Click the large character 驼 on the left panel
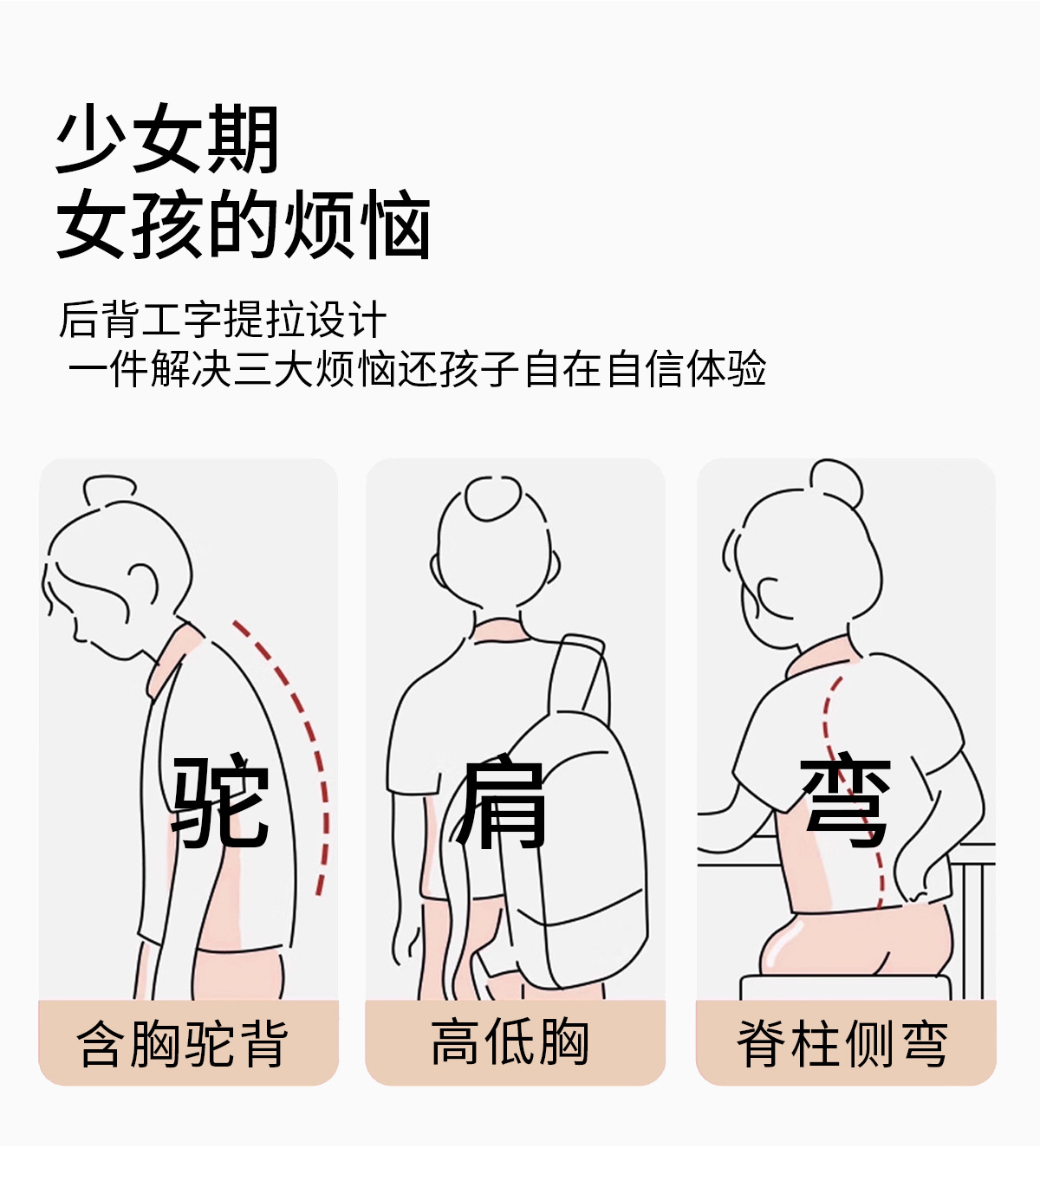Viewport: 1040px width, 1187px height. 220,800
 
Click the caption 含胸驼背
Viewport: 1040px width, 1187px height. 182,1043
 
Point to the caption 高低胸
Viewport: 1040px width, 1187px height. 510,1042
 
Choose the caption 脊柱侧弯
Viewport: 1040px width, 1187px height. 842,1043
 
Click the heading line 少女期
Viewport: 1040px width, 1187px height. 168,139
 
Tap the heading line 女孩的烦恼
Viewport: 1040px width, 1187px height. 244,224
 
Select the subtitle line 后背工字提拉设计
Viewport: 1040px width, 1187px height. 223,319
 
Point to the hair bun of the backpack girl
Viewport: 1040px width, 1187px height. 493,498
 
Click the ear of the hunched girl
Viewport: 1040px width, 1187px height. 143,585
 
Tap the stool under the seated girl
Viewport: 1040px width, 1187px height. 846,988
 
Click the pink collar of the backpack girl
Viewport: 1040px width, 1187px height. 500,630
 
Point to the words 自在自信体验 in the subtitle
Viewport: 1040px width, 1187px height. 645,368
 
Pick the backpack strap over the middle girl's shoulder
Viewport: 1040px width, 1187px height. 581,673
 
